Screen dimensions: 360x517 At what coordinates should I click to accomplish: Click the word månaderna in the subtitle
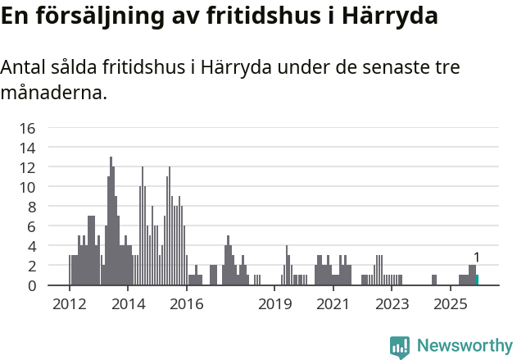coord(53,93)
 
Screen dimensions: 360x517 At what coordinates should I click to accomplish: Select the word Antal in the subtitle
coord(22,67)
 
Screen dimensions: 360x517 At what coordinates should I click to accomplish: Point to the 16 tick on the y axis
coord(28,128)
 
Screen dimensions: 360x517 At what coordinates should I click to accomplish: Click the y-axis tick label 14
coord(28,148)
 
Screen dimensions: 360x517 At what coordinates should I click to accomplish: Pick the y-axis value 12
coord(28,167)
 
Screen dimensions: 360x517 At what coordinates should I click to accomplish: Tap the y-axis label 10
coord(28,187)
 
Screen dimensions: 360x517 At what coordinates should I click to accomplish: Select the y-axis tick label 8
coord(31,207)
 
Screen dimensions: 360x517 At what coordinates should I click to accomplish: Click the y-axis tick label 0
coord(31,285)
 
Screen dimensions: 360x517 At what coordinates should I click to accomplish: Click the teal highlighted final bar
coord(477,280)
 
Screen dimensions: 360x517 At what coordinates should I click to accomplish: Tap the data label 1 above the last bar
coord(476,257)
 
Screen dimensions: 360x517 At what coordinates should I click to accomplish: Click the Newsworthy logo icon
coord(400,346)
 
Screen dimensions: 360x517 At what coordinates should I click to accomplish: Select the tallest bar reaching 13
coord(111,221)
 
